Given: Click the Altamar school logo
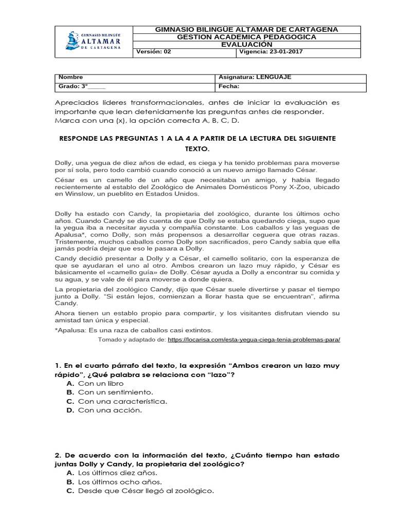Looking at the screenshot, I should (x=93, y=41).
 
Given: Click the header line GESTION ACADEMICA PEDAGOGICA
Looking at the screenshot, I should (x=246, y=37).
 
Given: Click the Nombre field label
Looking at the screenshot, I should (x=70, y=77).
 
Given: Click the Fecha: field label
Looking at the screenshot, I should (x=229, y=86).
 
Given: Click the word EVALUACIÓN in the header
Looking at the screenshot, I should (x=246, y=44).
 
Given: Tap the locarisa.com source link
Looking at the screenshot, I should (x=254, y=340).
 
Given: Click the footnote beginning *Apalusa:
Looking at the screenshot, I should (x=133, y=330).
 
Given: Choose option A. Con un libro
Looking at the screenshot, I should (x=96, y=383).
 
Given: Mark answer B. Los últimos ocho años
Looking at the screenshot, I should (x=114, y=482).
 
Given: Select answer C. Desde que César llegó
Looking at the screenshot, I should (x=140, y=491).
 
